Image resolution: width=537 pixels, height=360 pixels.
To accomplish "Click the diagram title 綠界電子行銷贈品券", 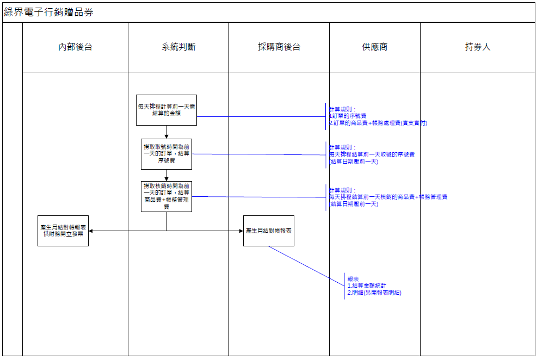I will [x=49, y=12].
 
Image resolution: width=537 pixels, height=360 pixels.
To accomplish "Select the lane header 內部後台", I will [x=75, y=47].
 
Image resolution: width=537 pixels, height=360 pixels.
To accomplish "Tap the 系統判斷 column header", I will [x=178, y=47].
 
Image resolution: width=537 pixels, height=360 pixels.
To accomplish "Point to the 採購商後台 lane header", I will [x=279, y=47].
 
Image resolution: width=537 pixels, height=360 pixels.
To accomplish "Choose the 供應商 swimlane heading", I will [x=374, y=47].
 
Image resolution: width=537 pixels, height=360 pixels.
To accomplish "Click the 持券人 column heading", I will [x=477, y=47].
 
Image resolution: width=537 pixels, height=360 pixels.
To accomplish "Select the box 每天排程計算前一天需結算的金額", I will [x=166, y=110].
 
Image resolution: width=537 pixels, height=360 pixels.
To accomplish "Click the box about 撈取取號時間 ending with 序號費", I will [x=166, y=154].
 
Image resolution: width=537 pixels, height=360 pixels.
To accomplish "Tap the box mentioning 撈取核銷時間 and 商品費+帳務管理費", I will [x=166, y=196].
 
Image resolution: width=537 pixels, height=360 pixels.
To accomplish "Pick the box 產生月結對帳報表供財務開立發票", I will [x=63, y=231].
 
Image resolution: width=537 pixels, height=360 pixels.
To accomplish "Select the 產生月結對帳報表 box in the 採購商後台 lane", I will [x=268, y=231].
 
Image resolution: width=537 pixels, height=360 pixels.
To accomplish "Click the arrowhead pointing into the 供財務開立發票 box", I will [x=91, y=231].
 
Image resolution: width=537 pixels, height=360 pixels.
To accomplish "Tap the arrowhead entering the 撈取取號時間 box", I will [x=166, y=136].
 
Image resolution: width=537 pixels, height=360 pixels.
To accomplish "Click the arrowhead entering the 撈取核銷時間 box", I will [x=166, y=178].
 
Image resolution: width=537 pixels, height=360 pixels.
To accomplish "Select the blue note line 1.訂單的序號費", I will [x=348, y=116].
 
